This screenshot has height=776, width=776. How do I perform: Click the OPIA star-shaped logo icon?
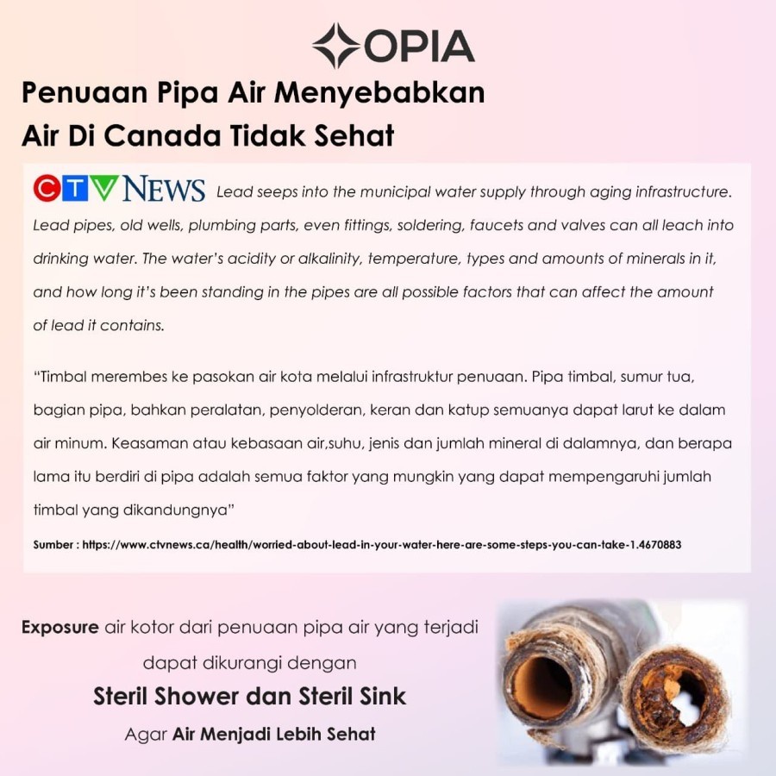pyautogui.click(x=336, y=46)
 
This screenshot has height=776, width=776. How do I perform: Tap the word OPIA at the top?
pyautogui.click(x=419, y=47)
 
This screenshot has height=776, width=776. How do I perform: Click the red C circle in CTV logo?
pyautogui.click(x=47, y=189)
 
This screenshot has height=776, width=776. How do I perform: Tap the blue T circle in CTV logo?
pyautogui.click(x=76, y=189)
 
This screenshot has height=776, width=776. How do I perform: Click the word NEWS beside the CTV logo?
pyautogui.click(x=164, y=190)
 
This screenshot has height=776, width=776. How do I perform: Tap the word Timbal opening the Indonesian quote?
pyautogui.click(x=64, y=378)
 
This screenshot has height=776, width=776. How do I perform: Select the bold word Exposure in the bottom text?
pyautogui.click(x=59, y=627)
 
